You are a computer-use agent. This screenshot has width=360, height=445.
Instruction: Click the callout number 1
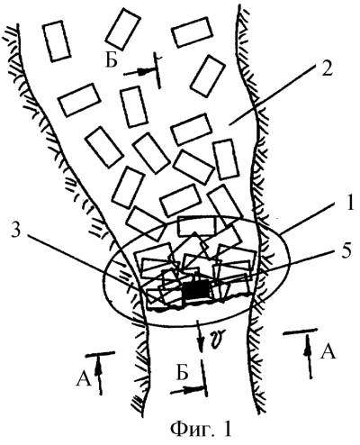click(344, 205)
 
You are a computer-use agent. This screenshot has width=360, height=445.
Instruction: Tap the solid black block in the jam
click(195, 290)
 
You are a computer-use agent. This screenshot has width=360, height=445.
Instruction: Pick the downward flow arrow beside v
click(201, 336)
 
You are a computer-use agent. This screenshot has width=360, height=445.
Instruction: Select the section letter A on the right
click(327, 351)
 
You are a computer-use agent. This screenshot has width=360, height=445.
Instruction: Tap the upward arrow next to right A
click(308, 357)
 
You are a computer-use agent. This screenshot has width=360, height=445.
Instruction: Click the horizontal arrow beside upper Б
click(136, 72)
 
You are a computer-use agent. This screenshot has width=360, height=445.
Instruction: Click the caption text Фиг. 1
click(201, 430)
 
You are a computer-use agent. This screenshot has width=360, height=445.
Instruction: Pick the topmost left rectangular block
click(56, 41)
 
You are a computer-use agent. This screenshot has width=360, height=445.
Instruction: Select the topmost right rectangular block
click(193, 32)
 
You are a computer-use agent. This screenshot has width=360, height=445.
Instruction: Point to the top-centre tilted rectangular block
click(122, 29)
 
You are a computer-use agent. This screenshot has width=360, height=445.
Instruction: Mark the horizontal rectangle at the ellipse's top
click(196, 226)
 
